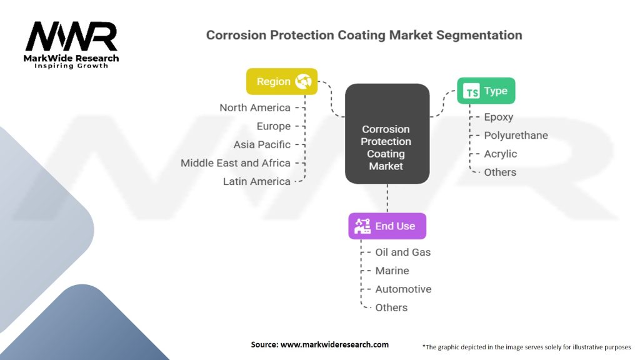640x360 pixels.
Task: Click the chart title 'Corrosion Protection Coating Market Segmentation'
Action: tap(364, 35)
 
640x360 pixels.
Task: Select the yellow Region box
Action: tap(282, 81)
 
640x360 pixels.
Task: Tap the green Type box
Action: tap(486, 91)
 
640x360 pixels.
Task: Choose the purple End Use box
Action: tap(387, 226)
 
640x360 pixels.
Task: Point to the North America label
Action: tap(255, 107)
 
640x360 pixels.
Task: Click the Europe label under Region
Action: tap(274, 126)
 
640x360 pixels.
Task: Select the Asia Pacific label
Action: tap(262, 144)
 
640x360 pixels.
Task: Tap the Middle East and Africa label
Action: tap(236, 163)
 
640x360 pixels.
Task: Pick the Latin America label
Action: tap(257, 181)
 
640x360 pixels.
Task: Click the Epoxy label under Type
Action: tap(499, 117)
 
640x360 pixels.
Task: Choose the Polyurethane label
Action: tap(516, 135)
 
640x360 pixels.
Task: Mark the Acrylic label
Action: tap(501, 154)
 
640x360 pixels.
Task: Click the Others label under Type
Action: tap(500, 172)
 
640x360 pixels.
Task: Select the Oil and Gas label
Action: tap(403, 252)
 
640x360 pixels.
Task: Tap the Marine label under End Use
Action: tap(392, 271)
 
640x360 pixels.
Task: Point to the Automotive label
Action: tap(403, 289)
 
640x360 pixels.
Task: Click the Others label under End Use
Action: tap(391, 307)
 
